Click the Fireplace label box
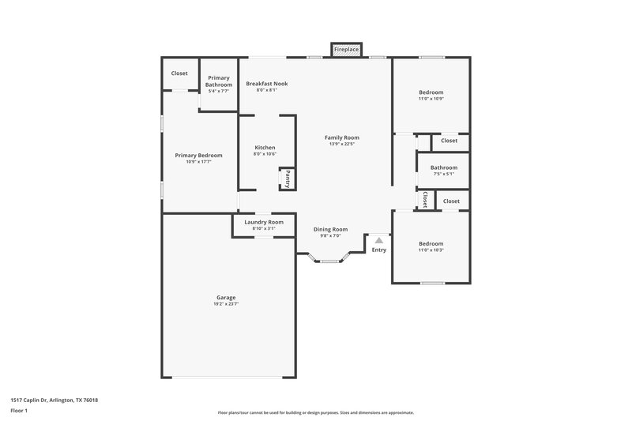click(x=346, y=50)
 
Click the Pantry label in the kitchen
click(x=288, y=179)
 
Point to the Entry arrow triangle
click(x=379, y=239)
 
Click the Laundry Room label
click(x=264, y=222)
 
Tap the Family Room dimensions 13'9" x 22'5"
click(x=342, y=144)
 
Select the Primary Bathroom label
click(x=219, y=81)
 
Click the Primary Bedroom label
click(x=198, y=156)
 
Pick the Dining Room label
click(x=330, y=229)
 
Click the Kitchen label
click(x=265, y=148)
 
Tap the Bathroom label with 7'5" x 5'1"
click(x=444, y=167)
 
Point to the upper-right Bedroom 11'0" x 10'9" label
click(x=431, y=92)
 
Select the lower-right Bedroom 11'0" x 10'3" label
click(x=431, y=244)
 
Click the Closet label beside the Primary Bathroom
click(x=179, y=73)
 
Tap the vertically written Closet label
click(x=425, y=200)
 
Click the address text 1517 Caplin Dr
click(x=55, y=400)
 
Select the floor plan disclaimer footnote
click(x=316, y=412)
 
